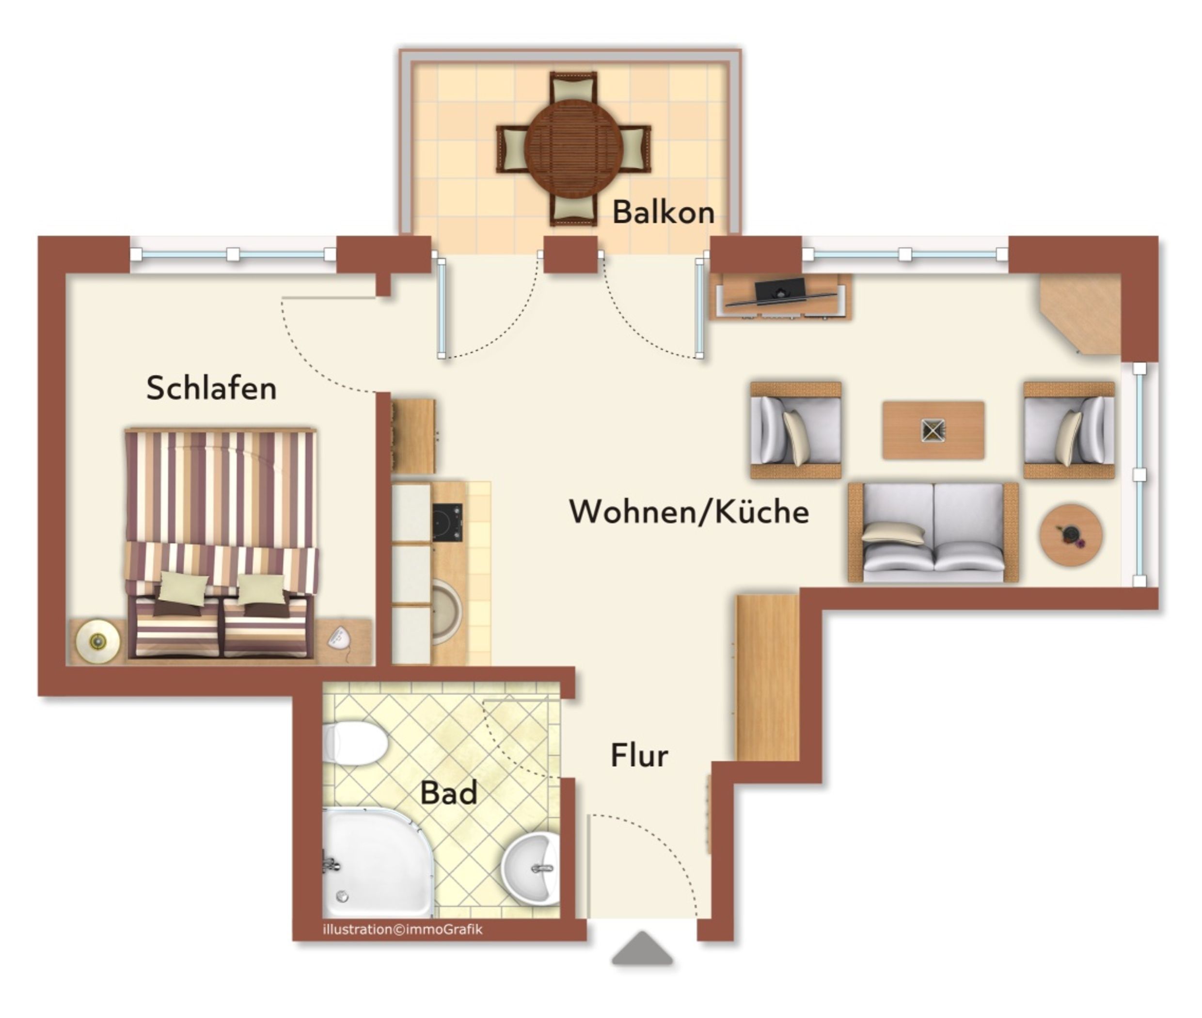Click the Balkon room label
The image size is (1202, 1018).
pyautogui.click(x=663, y=212)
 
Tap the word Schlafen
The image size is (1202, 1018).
pyautogui.click(x=211, y=387)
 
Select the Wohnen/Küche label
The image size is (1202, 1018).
pyautogui.click(x=689, y=511)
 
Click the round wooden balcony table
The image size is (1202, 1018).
pyautogui.click(x=573, y=149)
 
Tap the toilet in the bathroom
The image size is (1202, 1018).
pyautogui.click(x=354, y=743)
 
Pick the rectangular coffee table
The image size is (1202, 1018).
pyautogui.click(x=933, y=430)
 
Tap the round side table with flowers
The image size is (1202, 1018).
pyautogui.click(x=1071, y=535)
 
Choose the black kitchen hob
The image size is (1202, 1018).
pyautogui.click(x=447, y=522)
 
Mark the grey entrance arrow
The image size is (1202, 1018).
pyautogui.click(x=642, y=948)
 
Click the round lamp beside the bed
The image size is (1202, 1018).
pyautogui.click(x=98, y=642)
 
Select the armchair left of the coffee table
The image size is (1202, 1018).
pyautogui.click(x=796, y=430)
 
